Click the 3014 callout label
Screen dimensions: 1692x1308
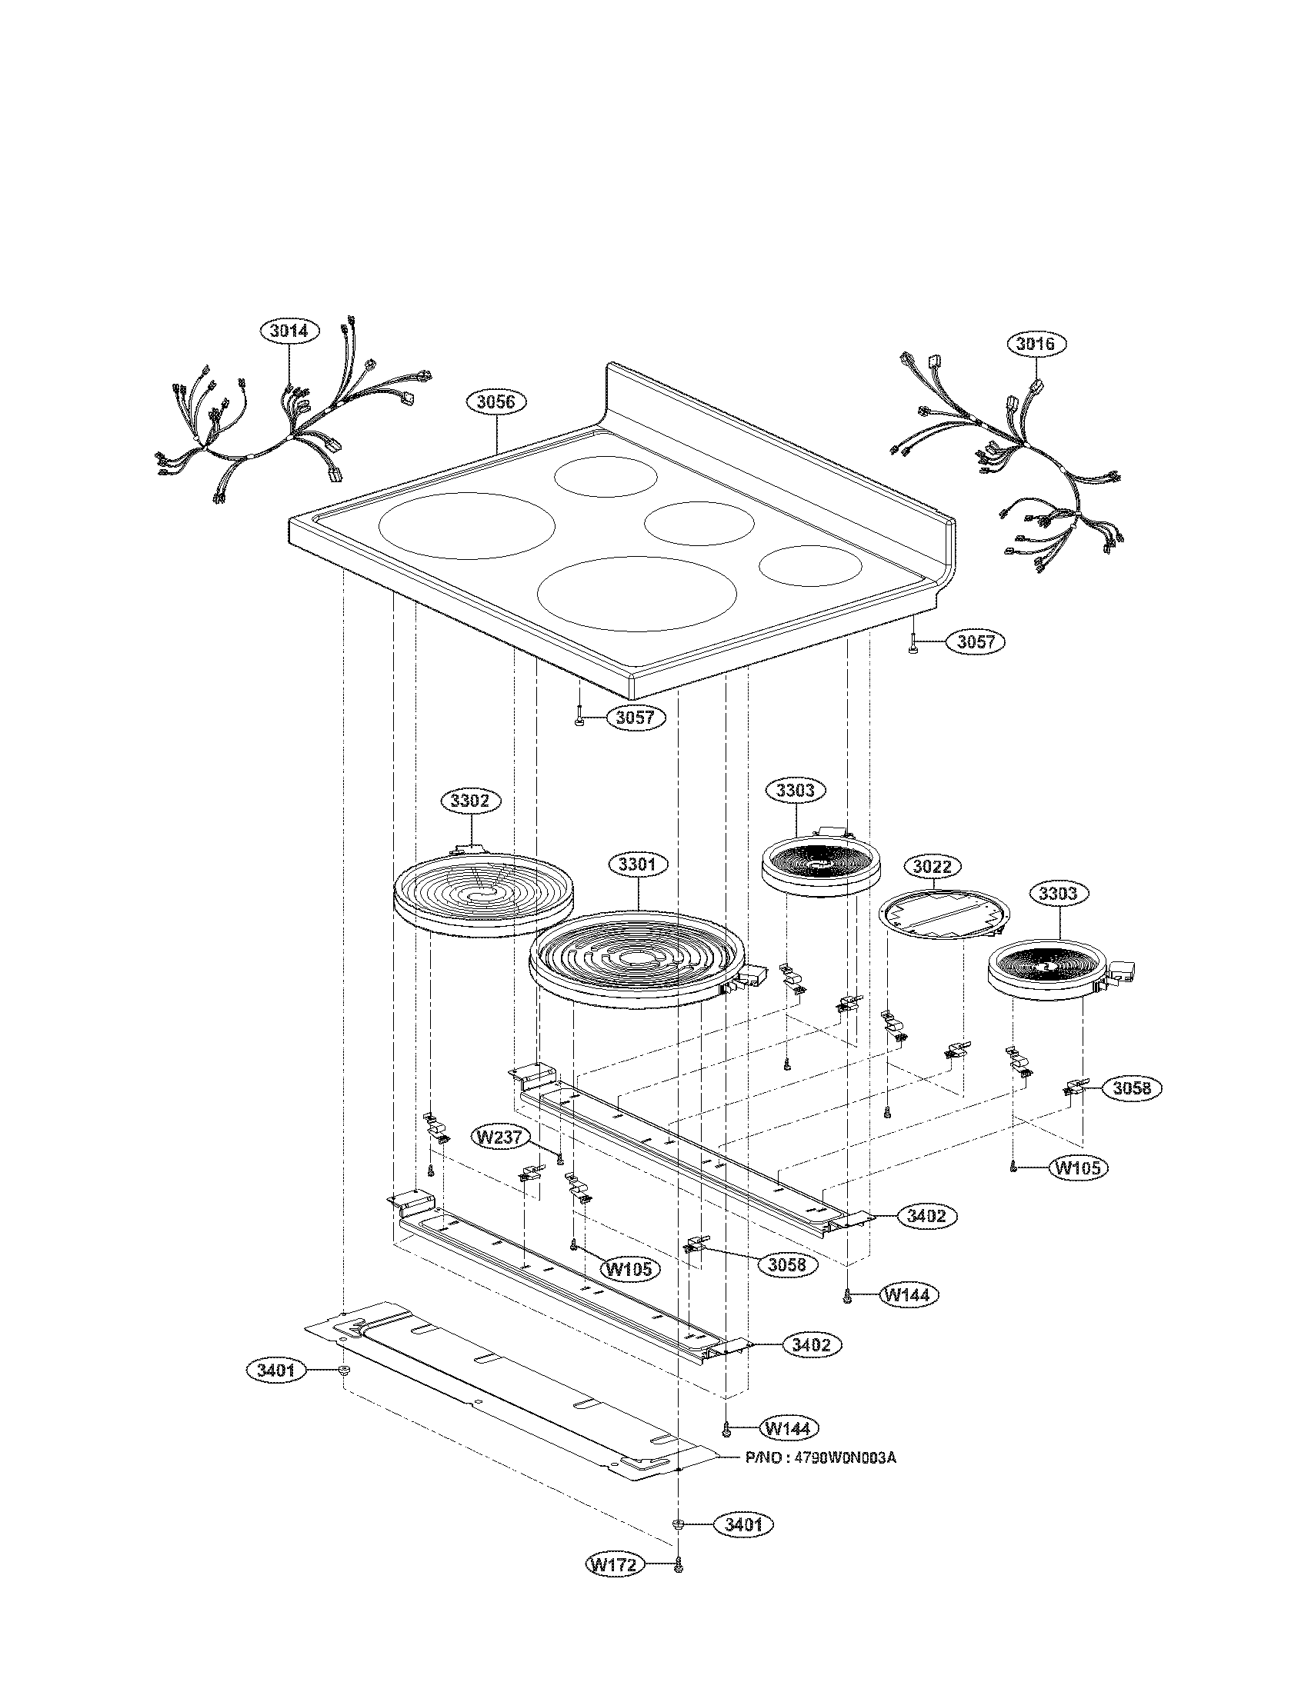[x=289, y=331]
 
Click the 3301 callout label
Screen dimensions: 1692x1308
[x=638, y=864]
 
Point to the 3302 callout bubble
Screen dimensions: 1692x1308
[x=470, y=801]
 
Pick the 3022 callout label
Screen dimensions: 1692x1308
[x=931, y=866]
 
